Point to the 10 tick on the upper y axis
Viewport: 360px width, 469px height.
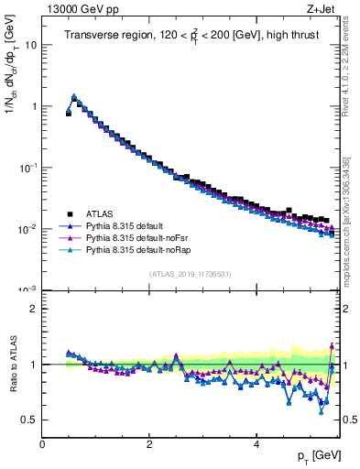30,44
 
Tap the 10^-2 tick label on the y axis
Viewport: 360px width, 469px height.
27,229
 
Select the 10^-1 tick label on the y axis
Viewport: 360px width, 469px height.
27,168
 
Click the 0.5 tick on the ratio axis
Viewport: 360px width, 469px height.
29,420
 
